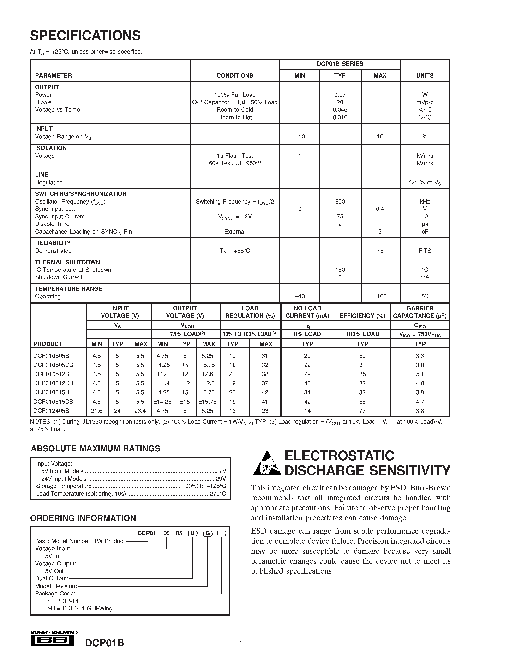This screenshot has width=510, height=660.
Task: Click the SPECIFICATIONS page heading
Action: coord(85,36)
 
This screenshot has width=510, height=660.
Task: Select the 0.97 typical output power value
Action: coord(340,95)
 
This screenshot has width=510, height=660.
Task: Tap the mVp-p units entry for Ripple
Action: coord(425,102)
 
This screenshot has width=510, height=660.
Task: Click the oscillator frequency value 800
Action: coord(340,202)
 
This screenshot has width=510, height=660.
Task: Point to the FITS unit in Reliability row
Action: coord(425,251)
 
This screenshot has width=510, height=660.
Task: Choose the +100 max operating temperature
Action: coord(380,296)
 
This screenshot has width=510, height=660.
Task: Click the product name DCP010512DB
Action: coord(53,383)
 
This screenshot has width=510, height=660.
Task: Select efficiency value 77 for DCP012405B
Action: coord(362,411)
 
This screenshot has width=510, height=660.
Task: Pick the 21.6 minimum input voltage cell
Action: coord(96,411)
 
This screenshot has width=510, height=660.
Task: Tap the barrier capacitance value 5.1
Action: coord(420,374)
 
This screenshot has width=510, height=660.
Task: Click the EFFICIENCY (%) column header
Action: coord(362,316)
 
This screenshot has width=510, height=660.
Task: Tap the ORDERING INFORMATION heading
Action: coord(83,518)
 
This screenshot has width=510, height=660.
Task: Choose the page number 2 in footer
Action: coord(240,644)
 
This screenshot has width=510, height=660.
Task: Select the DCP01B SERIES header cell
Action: coord(340,64)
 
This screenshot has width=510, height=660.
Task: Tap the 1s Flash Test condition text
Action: coord(234,156)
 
